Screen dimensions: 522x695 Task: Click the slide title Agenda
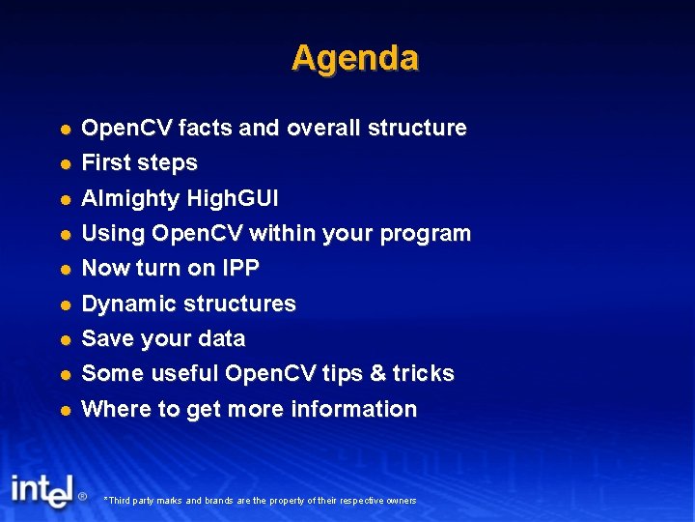354,58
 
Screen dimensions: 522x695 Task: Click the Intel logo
42,490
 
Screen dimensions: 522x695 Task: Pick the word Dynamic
121,304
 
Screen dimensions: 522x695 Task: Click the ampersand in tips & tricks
375,373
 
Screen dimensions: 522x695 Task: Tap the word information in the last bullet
359,409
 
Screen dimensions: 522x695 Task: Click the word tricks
423,373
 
